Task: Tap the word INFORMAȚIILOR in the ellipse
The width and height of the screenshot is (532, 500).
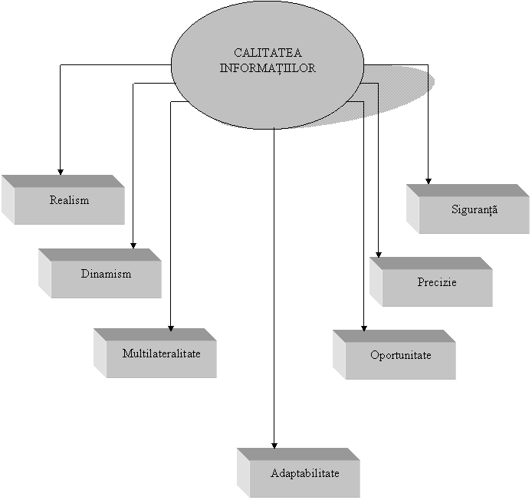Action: tap(268, 67)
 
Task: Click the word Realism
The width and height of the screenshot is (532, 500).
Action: tap(69, 200)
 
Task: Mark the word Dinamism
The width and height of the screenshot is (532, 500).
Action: tap(106, 274)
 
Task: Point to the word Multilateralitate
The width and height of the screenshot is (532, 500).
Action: tap(161, 354)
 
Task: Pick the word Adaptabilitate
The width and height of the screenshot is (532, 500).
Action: tap(304, 473)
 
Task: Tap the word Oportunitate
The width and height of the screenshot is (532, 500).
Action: tap(400, 356)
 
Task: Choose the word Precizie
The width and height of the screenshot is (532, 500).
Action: tap(437, 282)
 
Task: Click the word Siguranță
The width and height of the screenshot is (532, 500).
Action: tap(474, 209)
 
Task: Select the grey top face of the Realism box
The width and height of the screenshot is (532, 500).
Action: tap(61, 181)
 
